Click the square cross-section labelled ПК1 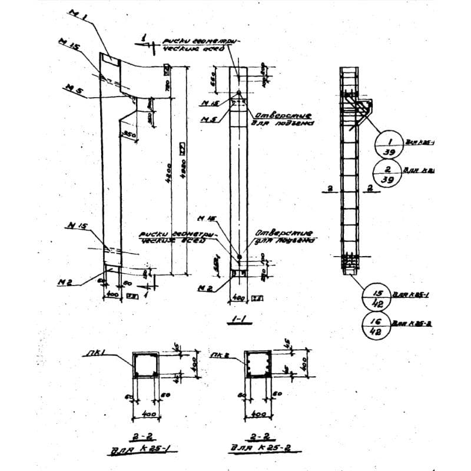(145, 364)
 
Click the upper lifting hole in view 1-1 (238, 93)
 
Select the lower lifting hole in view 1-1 (240, 257)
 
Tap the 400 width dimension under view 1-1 (238, 298)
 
